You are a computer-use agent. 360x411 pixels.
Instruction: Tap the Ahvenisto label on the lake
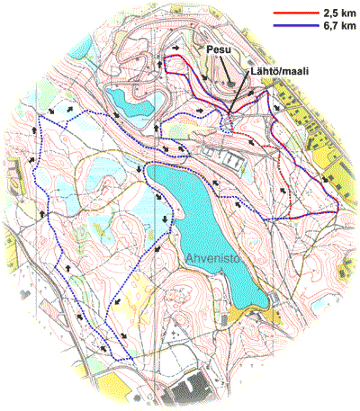point(216,260)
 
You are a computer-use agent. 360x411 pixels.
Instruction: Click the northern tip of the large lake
point(154,167)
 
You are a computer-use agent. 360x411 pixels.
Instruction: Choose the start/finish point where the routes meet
point(231,115)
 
